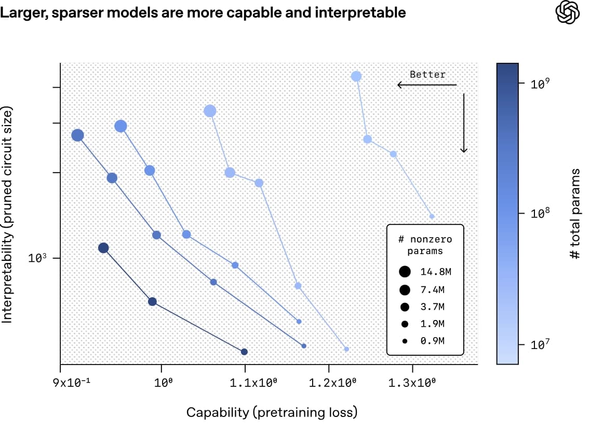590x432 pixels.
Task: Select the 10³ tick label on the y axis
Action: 39,258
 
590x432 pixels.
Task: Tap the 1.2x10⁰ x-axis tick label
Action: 328,384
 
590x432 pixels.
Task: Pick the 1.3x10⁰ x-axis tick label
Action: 412,384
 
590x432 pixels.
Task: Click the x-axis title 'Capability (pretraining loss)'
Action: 272,413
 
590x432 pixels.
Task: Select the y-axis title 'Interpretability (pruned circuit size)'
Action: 7,215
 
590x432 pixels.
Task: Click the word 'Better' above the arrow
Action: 427,74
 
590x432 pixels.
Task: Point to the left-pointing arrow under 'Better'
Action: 426,85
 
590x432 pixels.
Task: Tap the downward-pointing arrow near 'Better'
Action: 464,123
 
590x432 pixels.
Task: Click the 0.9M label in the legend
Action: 432,341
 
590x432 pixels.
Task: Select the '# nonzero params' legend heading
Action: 424,245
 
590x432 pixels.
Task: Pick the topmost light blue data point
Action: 356,76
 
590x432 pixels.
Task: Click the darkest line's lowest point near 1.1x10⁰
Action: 244,352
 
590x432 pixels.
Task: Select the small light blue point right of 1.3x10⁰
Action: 432,216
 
